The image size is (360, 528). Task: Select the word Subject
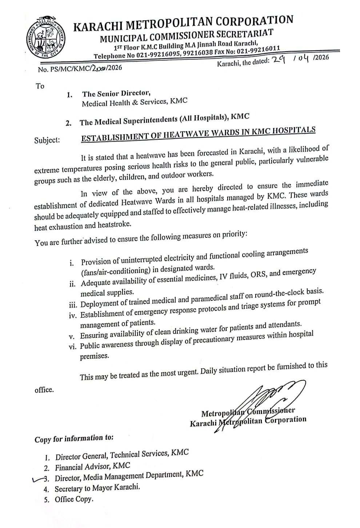[47, 140]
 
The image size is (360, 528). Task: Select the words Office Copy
[74, 499]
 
